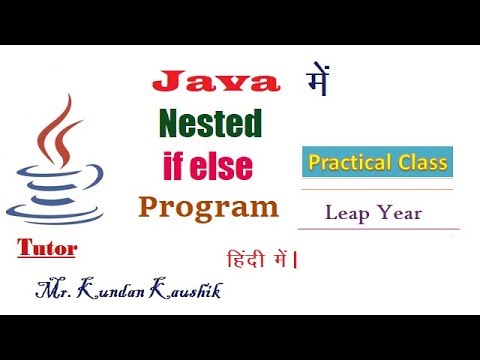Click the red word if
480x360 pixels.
[176, 163]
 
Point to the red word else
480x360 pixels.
[232, 163]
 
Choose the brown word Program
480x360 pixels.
[208, 207]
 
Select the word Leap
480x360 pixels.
[346, 212]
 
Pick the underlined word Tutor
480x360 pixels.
[47, 246]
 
